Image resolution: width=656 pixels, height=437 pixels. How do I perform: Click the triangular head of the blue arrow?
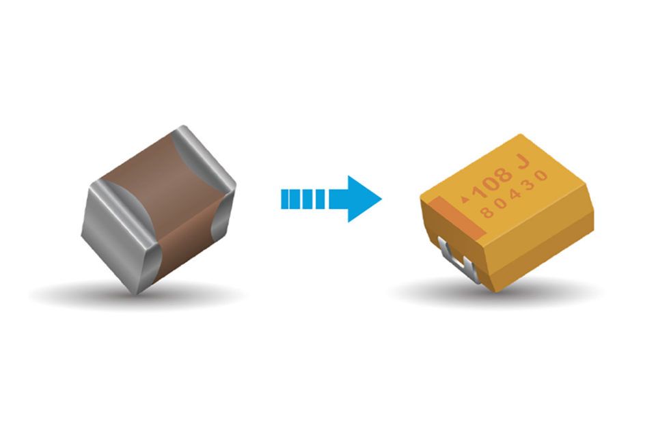pos(362,199)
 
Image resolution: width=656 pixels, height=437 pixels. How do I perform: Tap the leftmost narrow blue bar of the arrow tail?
pos(284,199)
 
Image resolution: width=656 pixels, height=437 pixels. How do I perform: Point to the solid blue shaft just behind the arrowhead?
pos(339,199)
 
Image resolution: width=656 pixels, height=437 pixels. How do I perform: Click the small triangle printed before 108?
pos(465,199)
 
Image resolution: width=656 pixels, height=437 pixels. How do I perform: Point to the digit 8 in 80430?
pos(487,212)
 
